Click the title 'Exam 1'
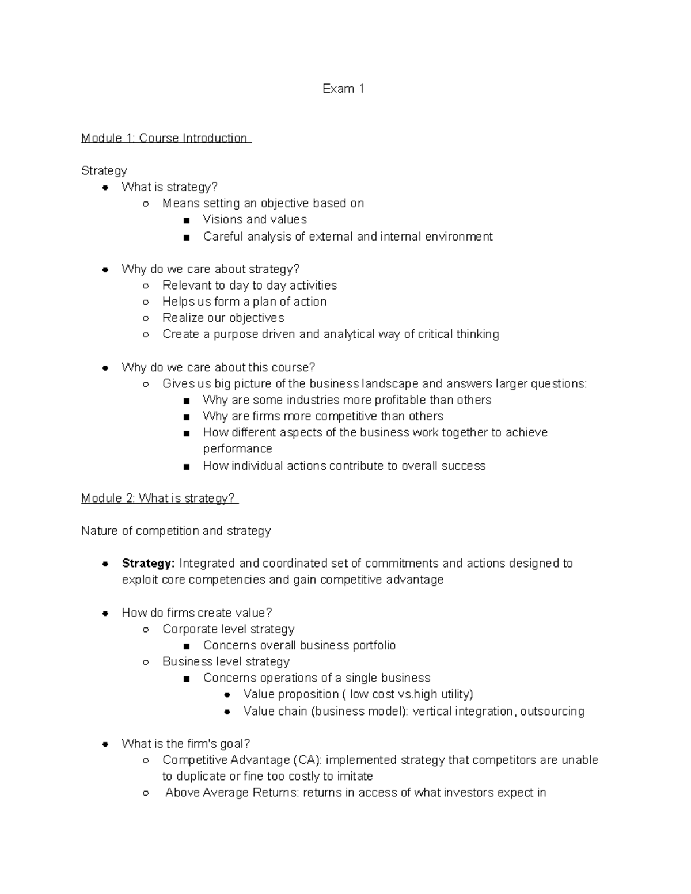(343, 89)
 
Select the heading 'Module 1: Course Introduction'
(165, 138)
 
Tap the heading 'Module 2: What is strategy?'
(159, 499)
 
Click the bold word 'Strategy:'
(148, 564)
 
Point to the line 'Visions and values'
(255, 220)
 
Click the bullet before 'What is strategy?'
(105, 187)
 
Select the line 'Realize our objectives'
(223, 318)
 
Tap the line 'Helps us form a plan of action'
(244, 302)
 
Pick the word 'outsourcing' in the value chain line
(552, 712)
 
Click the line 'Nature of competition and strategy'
(176, 531)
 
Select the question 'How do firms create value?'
(196, 613)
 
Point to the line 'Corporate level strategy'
(228, 629)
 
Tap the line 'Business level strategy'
(226, 662)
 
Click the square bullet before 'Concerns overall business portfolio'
(186, 646)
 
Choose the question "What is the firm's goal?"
(185, 744)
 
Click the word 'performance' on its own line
(237, 449)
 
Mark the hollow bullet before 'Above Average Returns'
(146, 793)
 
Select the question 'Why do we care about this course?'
(218, 367)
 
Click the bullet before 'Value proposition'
(227, 695)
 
